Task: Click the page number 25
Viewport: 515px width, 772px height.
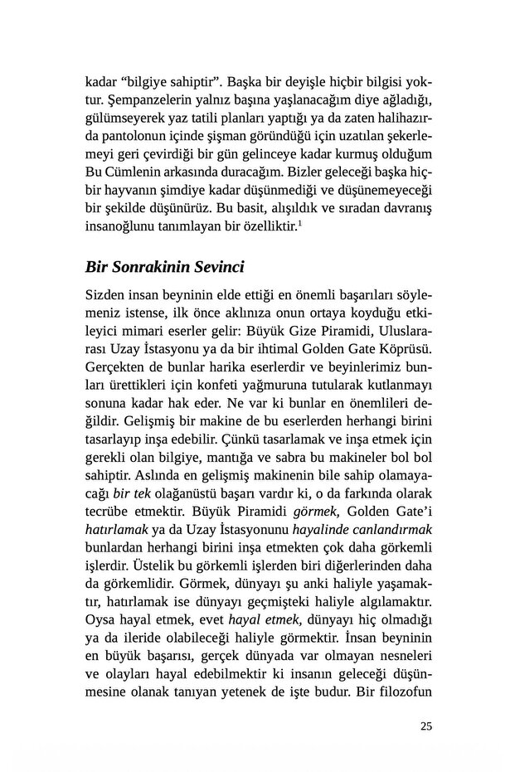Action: [x=426, y=728]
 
